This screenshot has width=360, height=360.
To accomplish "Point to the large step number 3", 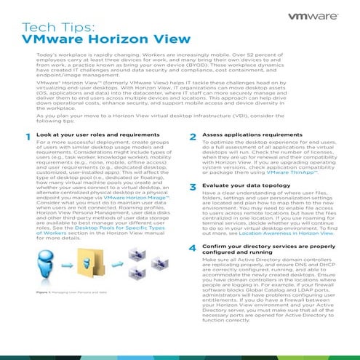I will pyautogui.click(x=191, y=188).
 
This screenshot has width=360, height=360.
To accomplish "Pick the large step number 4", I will pyautogui.click(x=191, y=248).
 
